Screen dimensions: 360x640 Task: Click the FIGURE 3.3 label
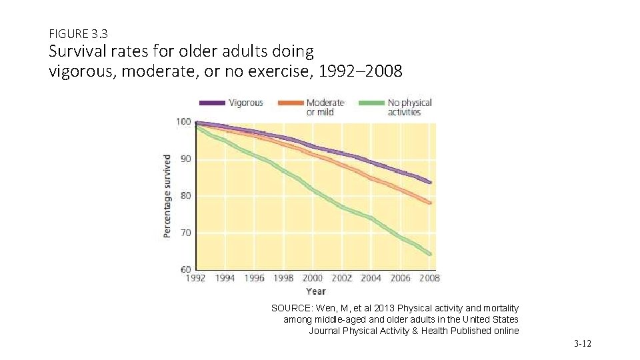pos(79,32)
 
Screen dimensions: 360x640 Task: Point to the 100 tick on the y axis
pos(183,121)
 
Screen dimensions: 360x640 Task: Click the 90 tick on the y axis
pos(185,159)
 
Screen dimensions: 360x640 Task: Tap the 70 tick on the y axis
pos(185,233)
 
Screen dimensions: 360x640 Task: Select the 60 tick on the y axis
pos(185,269)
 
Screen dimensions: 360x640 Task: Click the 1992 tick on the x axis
pos(195,279)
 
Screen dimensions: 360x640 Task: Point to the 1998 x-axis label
pos(283,279)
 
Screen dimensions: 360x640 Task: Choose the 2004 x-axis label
pos(371,279)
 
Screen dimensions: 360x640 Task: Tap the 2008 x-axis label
pos(429,279)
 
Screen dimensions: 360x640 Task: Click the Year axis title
pos(315,291)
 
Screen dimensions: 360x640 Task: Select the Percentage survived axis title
pos(167,196)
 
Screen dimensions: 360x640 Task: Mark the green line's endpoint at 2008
pos(430,253)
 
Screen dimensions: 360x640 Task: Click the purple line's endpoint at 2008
pos(430,182)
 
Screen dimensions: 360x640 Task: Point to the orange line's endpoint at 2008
pos(430,203)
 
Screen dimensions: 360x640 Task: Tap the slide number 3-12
pos(582,343)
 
